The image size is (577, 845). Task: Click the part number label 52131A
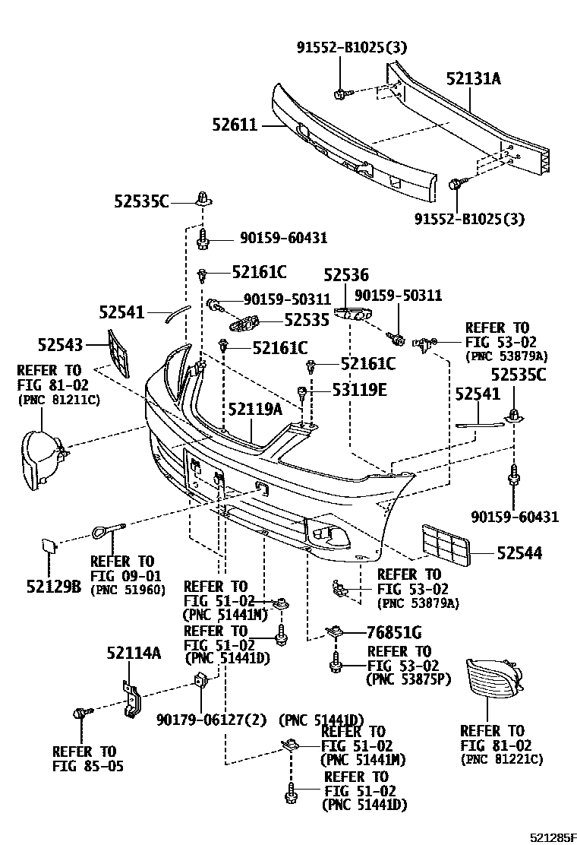tap(473, 79)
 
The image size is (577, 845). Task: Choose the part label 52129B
tap(53, 586)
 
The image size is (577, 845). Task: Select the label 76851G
tap(395, 632)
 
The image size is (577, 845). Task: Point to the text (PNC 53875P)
tap(408, 679)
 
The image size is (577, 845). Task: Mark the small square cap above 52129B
tap(48, 546)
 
